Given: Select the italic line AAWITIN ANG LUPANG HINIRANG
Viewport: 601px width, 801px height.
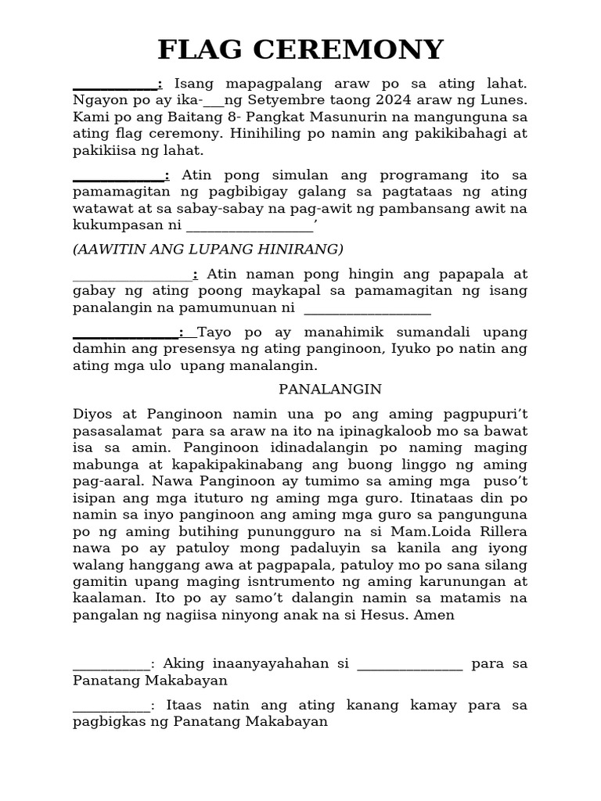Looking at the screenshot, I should point(208,249).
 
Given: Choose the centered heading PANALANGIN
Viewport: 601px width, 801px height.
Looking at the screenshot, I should point(330,389).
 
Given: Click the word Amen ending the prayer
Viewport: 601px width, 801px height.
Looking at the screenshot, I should point(437,615).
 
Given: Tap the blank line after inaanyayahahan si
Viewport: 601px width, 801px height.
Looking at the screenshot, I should point(409,664).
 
